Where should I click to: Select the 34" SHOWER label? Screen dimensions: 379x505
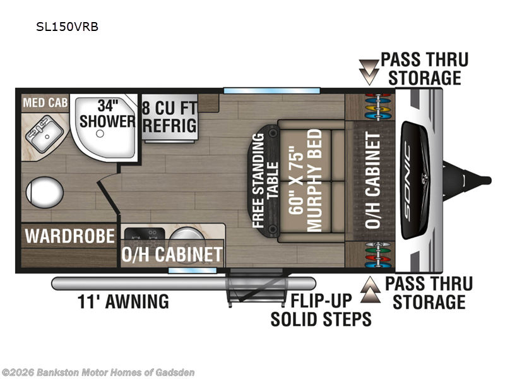[107, 112]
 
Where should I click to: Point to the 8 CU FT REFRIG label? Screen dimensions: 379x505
[169, 116]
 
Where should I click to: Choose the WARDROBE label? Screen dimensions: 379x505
[70, 236]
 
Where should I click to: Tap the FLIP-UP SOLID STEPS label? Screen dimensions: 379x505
[321, 310]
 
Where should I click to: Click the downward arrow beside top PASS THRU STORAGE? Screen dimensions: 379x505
[367, 71]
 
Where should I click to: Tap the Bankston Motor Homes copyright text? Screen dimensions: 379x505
[98, 372]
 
